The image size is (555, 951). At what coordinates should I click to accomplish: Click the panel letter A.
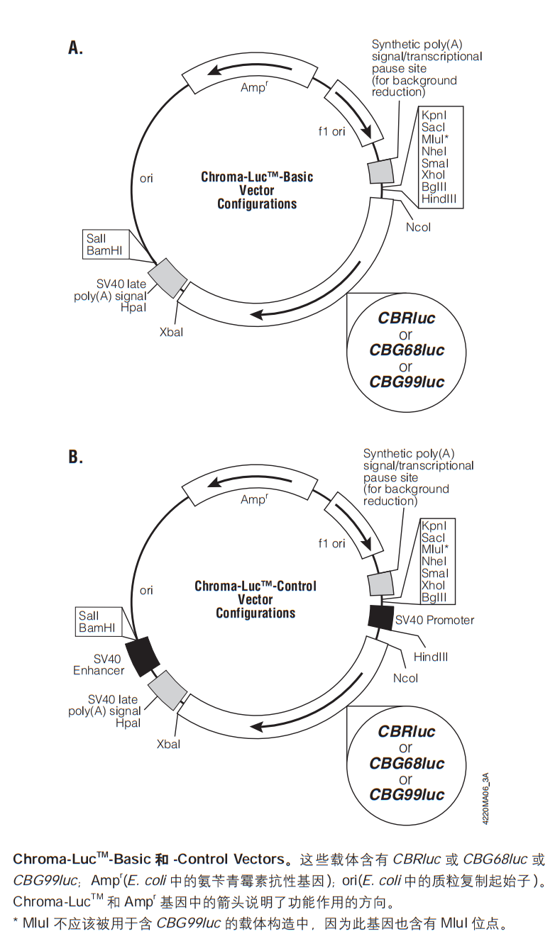[x=75, y=48]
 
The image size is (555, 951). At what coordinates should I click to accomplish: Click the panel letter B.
[x=75, y=457]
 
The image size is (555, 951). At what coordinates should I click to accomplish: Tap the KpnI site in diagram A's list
[x=434, y=115]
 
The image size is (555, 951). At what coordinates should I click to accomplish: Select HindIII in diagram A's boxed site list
[x=439, y=199]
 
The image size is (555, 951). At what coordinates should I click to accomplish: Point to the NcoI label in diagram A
[x=418, y=227]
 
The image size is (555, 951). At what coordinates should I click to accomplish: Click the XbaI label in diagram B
[x=168, y=744]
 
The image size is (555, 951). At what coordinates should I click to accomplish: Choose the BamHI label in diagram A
[x=104, y=250]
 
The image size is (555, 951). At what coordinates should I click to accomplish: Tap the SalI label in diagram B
[x=89, y=616]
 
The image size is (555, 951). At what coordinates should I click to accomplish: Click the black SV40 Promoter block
[x=380, y=618]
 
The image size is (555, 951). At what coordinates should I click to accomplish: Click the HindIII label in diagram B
[x=431, y=657]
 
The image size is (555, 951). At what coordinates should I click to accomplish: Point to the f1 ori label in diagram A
[x=331, y=132]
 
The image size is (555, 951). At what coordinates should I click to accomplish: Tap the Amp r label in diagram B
[x=254, y=499]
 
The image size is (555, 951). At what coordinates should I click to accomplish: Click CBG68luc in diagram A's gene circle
[x=407, y=350]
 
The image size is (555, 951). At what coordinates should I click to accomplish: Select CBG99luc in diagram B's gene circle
[x=407, y=794]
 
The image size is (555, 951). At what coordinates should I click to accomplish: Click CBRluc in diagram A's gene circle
[x=406, y=318]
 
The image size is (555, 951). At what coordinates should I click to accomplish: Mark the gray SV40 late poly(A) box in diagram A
[x=167, y=278]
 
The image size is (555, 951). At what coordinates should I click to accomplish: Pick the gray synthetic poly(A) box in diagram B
[x=380, y=584]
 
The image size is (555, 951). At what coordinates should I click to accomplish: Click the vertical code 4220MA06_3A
[x=485, y=798]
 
